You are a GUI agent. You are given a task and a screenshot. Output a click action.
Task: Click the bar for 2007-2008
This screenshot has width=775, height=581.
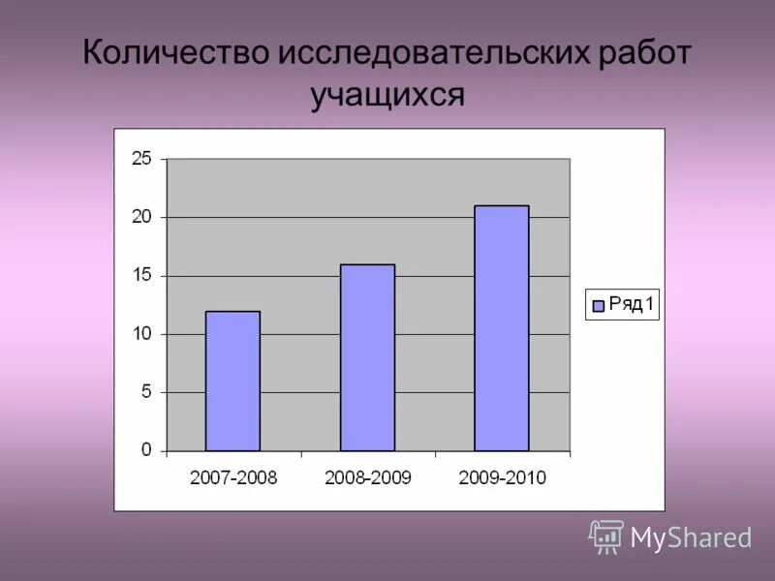click(x=232, y=382)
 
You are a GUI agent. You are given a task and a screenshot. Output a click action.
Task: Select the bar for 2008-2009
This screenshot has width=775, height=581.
click(x=367, y=358)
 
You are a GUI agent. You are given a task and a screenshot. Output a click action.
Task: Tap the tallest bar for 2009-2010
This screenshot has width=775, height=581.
click(x=501, y=328)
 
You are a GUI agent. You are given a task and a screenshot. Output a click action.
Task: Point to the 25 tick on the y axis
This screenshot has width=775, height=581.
click(x=141, y=159)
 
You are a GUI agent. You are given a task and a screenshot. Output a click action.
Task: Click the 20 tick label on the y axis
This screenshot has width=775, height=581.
click(x=141, y=217)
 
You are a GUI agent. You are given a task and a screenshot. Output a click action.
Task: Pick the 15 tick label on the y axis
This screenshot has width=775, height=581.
click(x=141, y=276)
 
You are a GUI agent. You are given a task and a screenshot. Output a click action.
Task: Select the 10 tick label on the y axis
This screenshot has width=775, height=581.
click(x=141, y=334)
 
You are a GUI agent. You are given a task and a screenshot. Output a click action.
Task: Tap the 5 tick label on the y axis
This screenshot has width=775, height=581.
click(x=146, y=392)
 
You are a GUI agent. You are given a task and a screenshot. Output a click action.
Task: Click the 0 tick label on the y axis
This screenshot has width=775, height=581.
click(x=146, y=450)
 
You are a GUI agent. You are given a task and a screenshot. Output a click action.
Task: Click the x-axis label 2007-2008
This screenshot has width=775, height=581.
click(x=233, y=477)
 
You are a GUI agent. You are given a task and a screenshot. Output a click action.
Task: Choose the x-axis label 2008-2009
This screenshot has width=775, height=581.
click(x=368, y=477)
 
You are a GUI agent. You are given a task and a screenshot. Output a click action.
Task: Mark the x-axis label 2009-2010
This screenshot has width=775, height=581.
click(x=502, y=477)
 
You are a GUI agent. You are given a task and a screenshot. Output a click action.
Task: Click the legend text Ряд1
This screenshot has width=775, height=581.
click(x=632, y=305)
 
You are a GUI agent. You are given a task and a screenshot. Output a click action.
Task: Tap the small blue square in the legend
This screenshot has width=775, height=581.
click(x=598, y=306)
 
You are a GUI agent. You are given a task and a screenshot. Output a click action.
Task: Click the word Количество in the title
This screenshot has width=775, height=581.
click(x=174, y=53)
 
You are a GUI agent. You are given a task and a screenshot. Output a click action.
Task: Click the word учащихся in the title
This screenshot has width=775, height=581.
click(x=387, y=97)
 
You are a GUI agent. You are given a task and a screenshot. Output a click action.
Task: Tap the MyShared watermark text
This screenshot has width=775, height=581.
click(x=691, y=538)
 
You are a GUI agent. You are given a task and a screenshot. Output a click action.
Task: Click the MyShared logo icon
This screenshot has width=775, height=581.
click(x=606, y=536)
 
